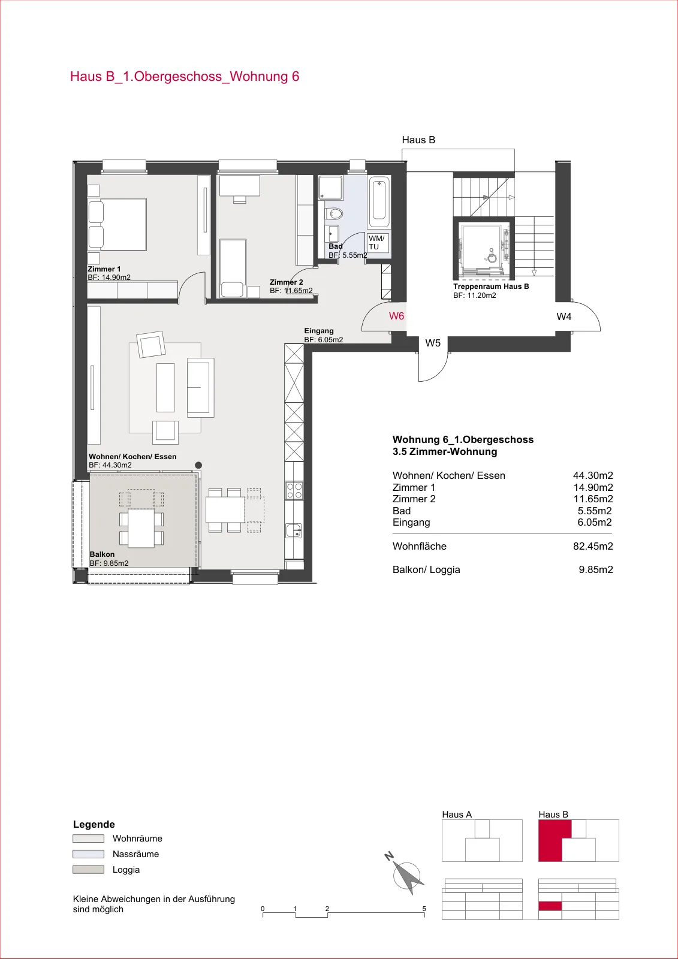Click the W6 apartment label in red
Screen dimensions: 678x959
pos(396,316)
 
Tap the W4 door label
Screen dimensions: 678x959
pos(564,316)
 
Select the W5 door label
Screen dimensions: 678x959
pos(433,343)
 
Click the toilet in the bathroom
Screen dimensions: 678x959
pos(334,213)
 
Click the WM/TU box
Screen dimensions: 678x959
pos(377,242)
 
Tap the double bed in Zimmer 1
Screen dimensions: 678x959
pos(117,224)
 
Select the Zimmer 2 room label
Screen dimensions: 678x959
pos(286,282)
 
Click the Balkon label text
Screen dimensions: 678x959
pos(102,554)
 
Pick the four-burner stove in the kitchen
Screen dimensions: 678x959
pos(294,491)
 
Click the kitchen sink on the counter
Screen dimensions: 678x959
pos(294,530)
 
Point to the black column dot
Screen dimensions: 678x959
pos(198,465)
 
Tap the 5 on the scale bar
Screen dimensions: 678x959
pos(424,909)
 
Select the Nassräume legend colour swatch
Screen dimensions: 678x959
pos(88,854)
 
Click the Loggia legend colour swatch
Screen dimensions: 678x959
pos(88,870)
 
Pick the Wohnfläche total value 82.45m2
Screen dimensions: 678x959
pos(593,546)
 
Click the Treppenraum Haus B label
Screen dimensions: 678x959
pos(491,287)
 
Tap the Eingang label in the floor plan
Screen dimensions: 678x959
pos(319,330)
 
